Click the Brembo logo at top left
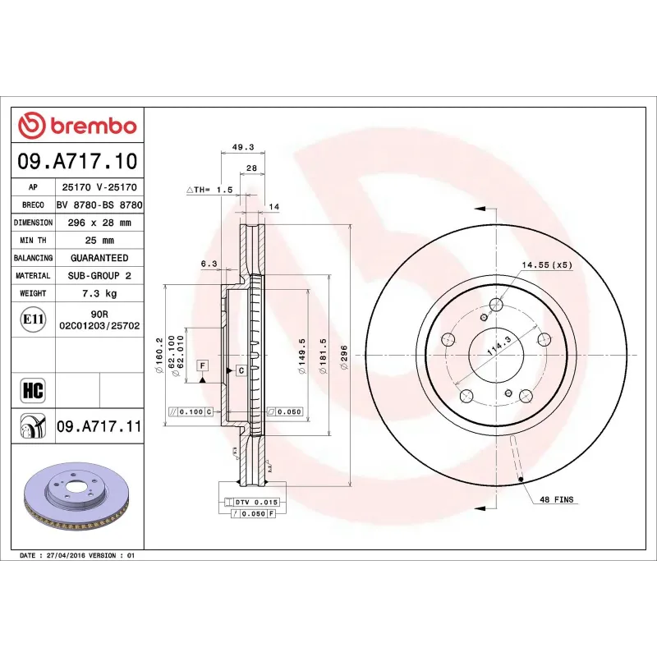pyautogui.click(x=77, y=126)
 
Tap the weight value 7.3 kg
pyautogui.click(x=99, y=293)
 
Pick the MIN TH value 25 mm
pyautogui.click(x=99, y=241)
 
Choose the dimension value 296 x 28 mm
pyautogui.click(x=99, y=223)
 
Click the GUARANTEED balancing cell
pyautogui.click(x=99, y=258)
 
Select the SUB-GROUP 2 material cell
pyautogui.click(x=99, y=276)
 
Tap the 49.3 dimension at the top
pyautogui.click(x=243, y=148)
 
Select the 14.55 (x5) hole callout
pyautogui.click(x=546, y=265)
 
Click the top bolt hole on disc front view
pyautogui.click(x=495, y=306)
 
